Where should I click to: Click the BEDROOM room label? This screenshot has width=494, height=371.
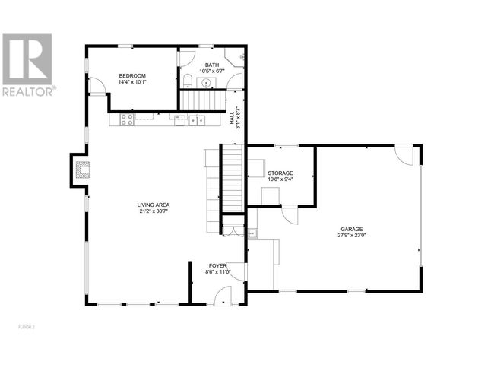tap(132, 76)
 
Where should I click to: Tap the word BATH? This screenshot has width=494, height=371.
tap(212, 65)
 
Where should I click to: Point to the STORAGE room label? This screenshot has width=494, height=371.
tap(280, 173)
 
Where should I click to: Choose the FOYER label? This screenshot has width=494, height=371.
tap(217, 266)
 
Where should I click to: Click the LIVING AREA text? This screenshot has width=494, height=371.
tap(154, 205)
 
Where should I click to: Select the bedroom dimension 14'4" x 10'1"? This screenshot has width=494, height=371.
tap(132, 82)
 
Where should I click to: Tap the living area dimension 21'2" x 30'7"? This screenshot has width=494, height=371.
tap(154, 211)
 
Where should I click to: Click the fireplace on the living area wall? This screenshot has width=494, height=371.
tap(83, 170)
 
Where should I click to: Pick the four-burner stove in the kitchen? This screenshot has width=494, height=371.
tap(127, 120)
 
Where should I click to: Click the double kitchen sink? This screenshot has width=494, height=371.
tap(197, 120)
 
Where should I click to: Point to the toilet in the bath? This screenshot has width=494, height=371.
tap(187, 81)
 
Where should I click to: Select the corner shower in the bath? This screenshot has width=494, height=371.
tap(234, 57)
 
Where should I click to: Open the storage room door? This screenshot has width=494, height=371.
tap(290, 215)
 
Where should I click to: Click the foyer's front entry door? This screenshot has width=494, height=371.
tap(223, 296)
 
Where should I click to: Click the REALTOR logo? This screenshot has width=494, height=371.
tap(28, 65)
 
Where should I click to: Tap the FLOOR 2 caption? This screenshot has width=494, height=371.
tap(27, 328)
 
